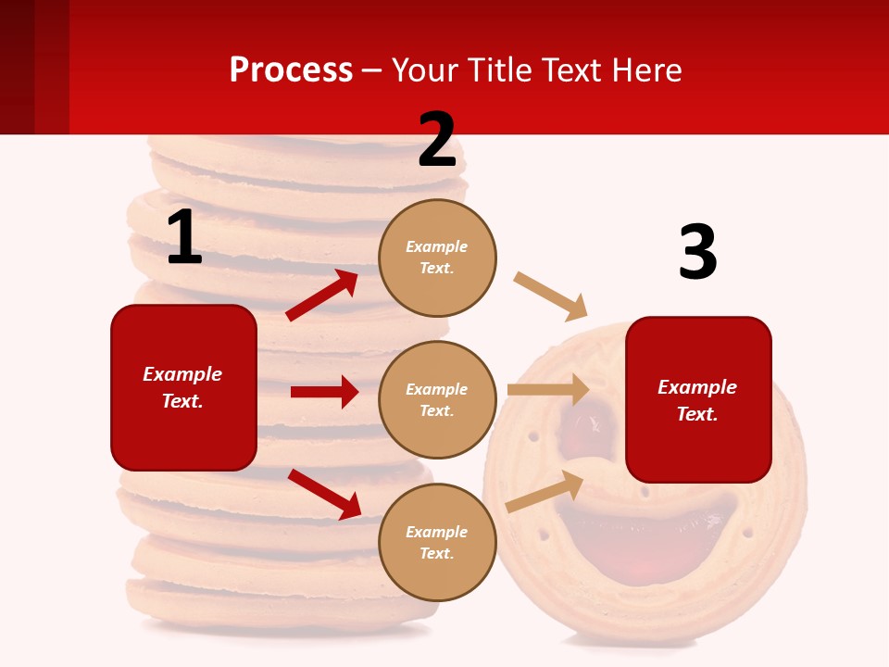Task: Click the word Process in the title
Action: coord(291,69)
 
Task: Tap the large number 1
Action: coord(184,237)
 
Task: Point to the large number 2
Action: coord(437,140)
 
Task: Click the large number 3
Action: coord(697,252)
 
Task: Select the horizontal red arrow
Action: coord(324,392)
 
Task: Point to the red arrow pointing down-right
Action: coord(324,493)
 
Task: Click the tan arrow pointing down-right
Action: coord(551,296)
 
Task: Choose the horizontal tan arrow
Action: coord(548,389)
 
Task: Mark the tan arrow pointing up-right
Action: coord(545,491)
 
